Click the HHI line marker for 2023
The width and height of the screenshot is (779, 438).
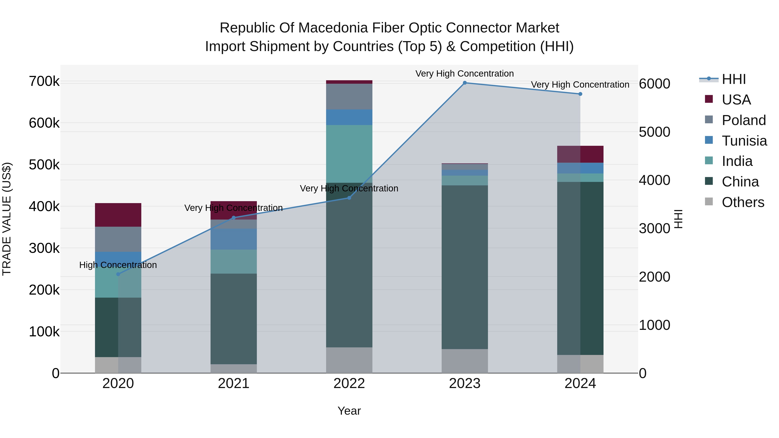pos(465,83)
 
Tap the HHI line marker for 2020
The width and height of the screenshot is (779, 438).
pos(118,274)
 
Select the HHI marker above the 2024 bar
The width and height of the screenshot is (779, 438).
pos(580,94)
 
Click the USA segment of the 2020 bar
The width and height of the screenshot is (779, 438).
pos(118,215)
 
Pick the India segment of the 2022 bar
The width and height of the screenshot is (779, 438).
pos(349,154)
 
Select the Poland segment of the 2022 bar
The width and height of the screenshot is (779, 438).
pos(349,96)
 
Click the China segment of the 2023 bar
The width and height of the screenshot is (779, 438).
pos(465,267)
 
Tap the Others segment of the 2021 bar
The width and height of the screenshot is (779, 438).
pos(233,369)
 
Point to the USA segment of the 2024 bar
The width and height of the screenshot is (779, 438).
pos(580,154)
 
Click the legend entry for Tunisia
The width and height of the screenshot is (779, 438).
pos(744,141)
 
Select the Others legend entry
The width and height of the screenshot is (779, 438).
pos(743,202)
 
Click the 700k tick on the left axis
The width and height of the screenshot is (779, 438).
pos(44,82)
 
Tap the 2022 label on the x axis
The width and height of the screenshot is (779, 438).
pos(349,383)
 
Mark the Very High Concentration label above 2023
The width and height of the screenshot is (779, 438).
pos(465,74)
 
